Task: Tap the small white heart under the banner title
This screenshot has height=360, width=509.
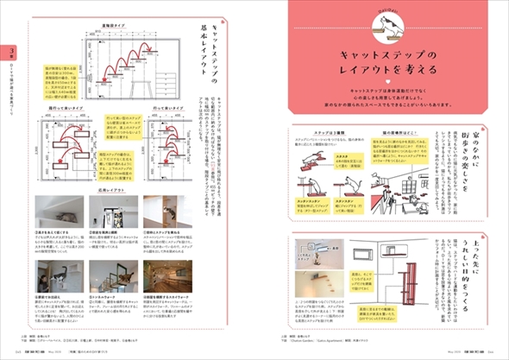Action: (x=391, y=84)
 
